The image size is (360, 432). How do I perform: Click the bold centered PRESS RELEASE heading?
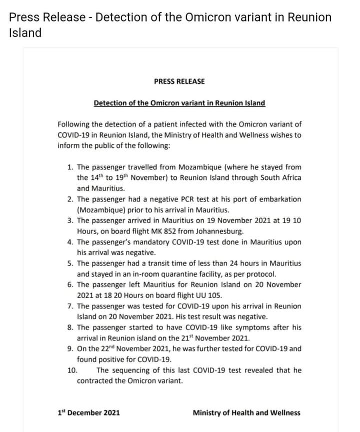coord(179,81)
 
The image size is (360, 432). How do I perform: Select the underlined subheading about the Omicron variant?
coord(179,103)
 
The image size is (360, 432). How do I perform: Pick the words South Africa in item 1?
coord(281,178)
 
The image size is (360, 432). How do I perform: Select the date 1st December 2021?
coord(88,413)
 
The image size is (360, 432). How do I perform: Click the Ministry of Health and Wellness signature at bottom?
coord(246,413)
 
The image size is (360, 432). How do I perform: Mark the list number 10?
coord(72,370)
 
